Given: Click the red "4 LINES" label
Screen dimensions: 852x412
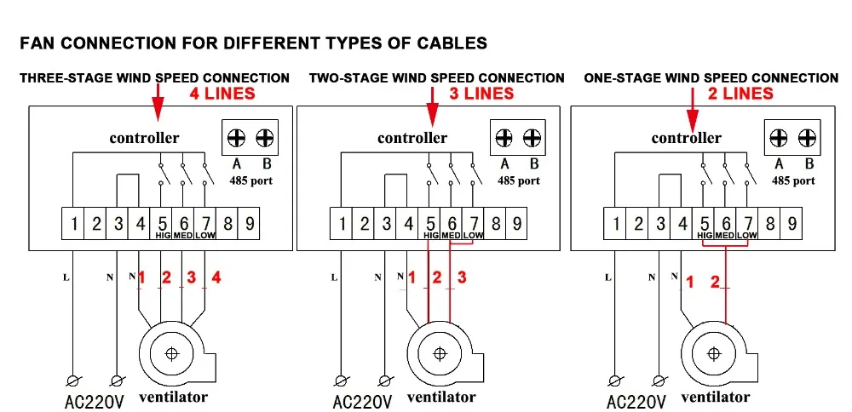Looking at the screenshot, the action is click(x=222, y=94).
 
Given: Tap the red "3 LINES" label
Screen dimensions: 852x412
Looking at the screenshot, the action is click(x=481, y=94).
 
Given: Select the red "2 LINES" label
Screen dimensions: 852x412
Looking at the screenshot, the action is click(x=740, y=94).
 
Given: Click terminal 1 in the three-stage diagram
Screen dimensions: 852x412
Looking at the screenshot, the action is click(x=73, y=223).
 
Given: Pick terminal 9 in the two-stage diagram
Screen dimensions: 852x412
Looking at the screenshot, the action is click(x=516, y=223).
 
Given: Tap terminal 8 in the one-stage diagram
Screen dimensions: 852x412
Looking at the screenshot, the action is click(x=769, y=223).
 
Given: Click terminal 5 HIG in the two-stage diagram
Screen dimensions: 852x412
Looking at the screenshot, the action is click(x=429, y=223).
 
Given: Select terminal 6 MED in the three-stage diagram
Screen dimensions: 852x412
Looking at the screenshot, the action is click(x=184, y=223).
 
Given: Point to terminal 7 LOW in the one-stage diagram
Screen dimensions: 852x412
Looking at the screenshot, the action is click(x=748, y=223).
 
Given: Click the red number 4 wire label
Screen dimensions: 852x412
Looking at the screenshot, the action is click(x=216, y=278).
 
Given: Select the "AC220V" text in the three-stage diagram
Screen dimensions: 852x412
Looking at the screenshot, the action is click(x=94, y=403).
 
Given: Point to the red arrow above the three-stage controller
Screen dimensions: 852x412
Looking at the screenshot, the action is click(x=158, y=103).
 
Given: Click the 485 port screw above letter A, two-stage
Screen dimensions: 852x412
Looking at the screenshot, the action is click(x=504, y=138).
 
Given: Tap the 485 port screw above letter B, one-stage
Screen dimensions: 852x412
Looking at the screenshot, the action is click(x=807, y=138).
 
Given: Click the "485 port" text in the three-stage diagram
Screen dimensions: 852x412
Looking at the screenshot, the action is click(x=251, y=180).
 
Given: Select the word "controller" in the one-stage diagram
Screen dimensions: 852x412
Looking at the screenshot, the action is click(x=686, y=138).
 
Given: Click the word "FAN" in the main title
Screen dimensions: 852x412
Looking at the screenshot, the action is click(x=37, y=43).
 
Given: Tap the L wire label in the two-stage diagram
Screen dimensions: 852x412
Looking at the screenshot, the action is click(x=334, y=278).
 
